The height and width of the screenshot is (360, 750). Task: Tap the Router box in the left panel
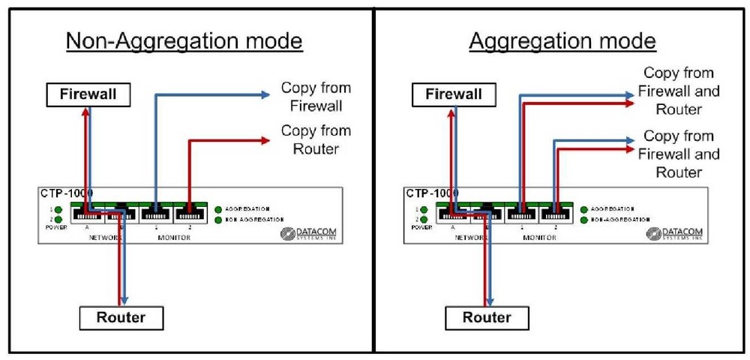[x=121, y=317]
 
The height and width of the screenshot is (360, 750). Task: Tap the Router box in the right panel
[x=486, y=317]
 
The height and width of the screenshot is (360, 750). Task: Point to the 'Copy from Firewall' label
[x=316, y=97]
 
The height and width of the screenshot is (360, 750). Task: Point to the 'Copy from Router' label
[x=316, y=139]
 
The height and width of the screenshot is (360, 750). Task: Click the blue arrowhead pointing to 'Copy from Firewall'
[x=265, y=94]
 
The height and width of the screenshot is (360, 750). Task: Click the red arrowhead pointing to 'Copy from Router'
[x=265, y=139]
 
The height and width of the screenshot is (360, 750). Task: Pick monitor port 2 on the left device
[x=188, y=213]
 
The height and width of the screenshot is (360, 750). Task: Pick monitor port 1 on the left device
[x=154, y=213]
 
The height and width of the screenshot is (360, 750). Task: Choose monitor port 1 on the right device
[x=520, y=213]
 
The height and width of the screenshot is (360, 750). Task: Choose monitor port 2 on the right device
[x=554, y=213]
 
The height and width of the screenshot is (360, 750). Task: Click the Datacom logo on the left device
[x=308, y=234]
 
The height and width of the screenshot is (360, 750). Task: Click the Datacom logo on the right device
[x=674, y=234]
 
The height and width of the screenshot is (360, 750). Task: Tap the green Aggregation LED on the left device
[x=218, y=208]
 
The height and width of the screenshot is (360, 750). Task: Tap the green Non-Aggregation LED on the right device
[x=584, y=220]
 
